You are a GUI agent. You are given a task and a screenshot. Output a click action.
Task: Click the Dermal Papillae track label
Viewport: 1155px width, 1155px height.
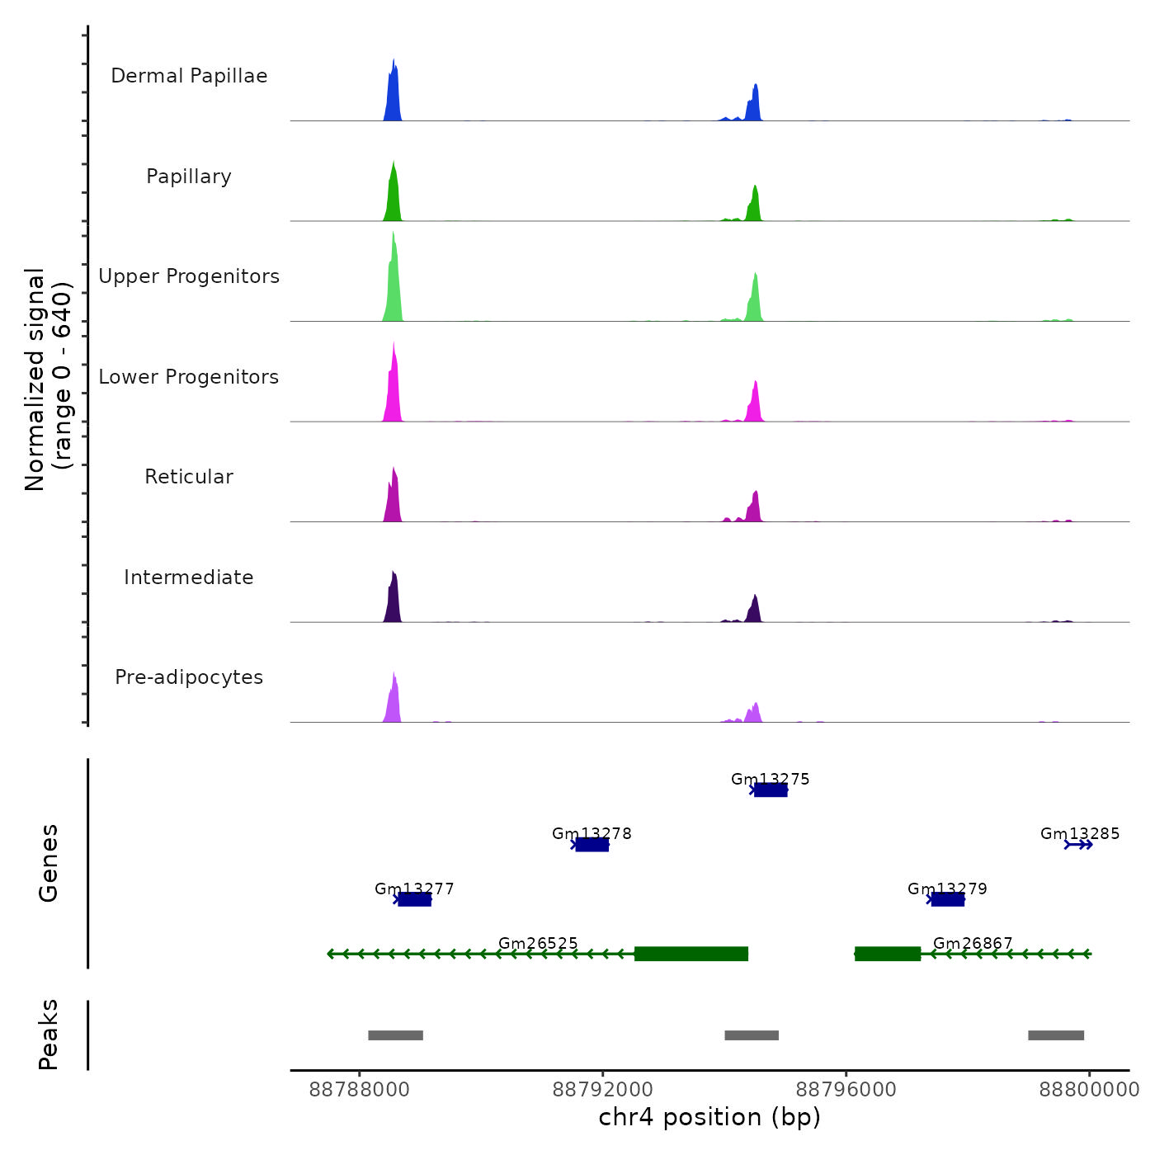coord(189,76)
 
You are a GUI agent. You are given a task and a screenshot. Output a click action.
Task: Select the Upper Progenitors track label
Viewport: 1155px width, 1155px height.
coord(189,276)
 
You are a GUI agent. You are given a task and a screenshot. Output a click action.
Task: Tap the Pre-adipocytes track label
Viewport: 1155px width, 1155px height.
coord(189,677)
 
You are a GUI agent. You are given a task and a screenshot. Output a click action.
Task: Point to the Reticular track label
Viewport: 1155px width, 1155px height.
coord(189,477)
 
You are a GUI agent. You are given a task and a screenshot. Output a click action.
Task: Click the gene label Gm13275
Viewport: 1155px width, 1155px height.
coord(770,779)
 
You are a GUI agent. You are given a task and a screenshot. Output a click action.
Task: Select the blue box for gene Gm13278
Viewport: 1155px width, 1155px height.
coord(592,845)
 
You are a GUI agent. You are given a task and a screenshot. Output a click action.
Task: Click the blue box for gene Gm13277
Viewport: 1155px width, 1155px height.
coord(414,899)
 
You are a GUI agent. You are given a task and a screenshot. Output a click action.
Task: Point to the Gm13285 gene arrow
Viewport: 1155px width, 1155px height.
coord(1078,845)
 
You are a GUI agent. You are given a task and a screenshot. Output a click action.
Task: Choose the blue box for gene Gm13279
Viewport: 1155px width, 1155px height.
coord(947,899)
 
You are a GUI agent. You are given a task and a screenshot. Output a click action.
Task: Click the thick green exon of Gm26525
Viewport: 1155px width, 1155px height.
coord(691,954)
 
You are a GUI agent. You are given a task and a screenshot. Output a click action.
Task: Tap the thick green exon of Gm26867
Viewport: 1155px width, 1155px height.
coord(888,954)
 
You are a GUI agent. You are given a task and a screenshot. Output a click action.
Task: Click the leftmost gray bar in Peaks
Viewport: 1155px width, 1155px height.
coord(395,1035)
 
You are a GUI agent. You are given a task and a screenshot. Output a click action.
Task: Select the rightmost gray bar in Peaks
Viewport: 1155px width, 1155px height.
coord(1056,1035)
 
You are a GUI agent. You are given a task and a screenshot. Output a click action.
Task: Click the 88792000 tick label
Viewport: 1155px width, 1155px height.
coord(603,1090)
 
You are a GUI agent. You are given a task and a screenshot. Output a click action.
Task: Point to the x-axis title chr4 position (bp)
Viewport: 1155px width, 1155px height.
coord(709,1117)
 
